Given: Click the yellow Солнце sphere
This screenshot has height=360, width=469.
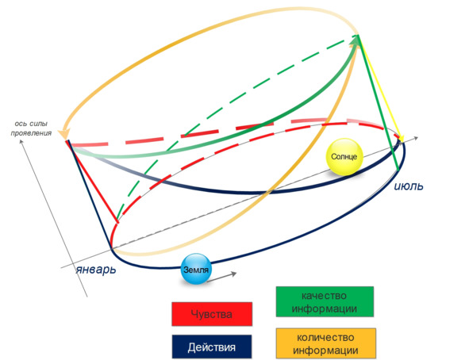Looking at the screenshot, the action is point(344,156).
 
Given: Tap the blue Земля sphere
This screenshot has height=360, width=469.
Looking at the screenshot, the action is point(196,269).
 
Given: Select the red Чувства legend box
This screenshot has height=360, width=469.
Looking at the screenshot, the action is point(212,314).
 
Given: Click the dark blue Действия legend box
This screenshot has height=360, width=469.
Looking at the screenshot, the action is point(212,347).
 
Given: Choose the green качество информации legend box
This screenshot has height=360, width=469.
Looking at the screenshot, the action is point(325,302).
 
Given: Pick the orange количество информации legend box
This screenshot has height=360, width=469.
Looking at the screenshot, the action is point(325,343).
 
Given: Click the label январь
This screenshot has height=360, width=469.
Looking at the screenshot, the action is point(96,270).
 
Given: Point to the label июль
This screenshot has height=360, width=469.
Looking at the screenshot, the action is point(409,186).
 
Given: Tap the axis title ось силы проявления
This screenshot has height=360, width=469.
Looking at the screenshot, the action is point(31,128).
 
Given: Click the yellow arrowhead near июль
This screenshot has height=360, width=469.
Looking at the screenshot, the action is point(401,138).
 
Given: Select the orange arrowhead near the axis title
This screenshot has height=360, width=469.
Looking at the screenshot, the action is point(63,133).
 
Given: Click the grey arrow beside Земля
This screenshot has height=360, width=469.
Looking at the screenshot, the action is point(221,277).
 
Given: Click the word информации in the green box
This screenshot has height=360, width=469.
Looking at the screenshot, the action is point(325,308).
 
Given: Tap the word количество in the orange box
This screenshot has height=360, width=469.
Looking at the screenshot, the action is point(325,337).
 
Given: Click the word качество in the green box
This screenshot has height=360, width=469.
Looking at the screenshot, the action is point(325,296).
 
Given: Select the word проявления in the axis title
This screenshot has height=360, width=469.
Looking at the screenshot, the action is point(31,133).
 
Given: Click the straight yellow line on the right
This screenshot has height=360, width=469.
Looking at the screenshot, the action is point(380,88).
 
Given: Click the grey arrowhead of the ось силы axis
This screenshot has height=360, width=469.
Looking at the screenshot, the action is point(21,142).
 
